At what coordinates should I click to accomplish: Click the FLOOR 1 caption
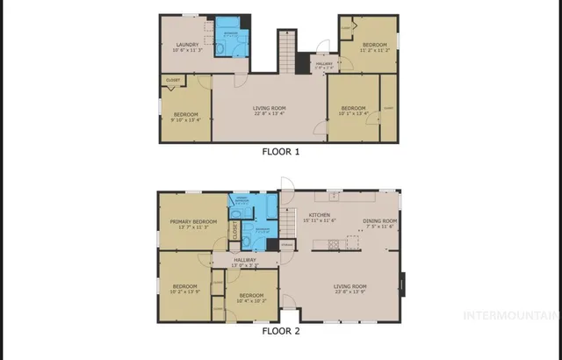click(x=281, y=152)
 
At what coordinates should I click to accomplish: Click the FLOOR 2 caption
click(x=281, y=332)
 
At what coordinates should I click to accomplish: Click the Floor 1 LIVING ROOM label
click(x=270, y=110)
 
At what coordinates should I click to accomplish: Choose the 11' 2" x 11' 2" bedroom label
click(x=375, y=47)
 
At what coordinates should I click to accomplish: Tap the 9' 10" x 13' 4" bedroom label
click(x=185, y=117)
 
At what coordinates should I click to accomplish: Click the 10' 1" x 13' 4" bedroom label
click(x=353, y=110)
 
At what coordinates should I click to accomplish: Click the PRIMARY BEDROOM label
click(x=192, y=225)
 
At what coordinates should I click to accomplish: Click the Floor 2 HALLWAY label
click(x=244, y=262)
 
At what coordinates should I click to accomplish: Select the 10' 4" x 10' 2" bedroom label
click(x=251, y=298)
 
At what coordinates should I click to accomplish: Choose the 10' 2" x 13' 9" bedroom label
click(x=185, y=289)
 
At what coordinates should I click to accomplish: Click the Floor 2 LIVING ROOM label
click(x=349, y=289)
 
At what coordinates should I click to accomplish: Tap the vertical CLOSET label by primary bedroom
click(x=235, y=230)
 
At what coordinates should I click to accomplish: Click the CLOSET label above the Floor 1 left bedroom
click(x=172, y=81)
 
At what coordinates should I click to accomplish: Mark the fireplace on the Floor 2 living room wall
click(x=402, y=285)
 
